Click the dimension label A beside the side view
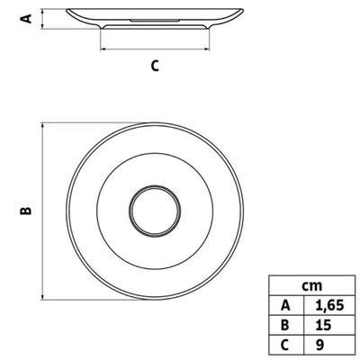(26, 19)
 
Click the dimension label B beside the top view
(26, 211)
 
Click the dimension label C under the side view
(155, 66)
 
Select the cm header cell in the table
(312, 285)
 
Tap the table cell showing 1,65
(329, 305)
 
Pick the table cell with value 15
(329, 325)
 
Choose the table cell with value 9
(329, 345)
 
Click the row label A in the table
(286, 305)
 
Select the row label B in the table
(286, 325)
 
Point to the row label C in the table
(286, 345)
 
